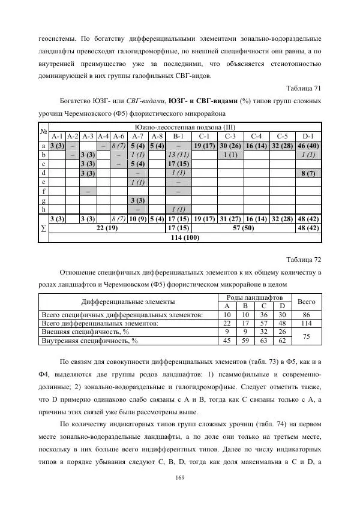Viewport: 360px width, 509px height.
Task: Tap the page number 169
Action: pos(179,477)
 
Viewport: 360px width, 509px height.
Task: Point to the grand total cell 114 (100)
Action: pos(185,237)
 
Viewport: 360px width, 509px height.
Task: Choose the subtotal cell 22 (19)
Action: pos(106,228)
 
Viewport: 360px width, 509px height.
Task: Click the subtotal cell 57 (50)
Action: pos(243,228)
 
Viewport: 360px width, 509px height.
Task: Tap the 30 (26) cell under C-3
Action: pos(230,146)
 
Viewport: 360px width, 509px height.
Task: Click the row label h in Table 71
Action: pos(43,209)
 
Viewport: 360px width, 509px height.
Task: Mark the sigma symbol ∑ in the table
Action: pos(43,228)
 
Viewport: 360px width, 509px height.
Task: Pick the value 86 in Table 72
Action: pos(306,314)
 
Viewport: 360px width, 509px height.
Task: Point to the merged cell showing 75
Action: pos(306,336)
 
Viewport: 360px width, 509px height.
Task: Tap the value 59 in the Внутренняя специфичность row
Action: pos(245,341)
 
